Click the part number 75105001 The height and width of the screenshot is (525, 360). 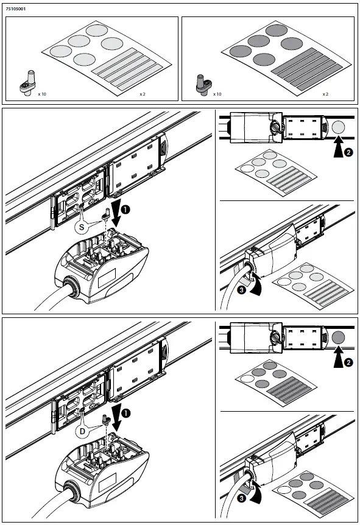(15, 9)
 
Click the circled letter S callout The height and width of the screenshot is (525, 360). (82, 228)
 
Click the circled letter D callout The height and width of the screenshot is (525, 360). (82, 432)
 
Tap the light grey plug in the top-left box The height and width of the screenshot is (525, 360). (28, 83)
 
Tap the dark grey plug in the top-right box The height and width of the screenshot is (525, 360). (204, 85)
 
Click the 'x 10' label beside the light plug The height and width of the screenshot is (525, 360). (42, 94)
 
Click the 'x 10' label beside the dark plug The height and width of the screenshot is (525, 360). (217, 94)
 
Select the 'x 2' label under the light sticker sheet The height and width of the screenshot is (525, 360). (143, 94)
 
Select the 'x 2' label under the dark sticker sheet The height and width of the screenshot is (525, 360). (325, 94)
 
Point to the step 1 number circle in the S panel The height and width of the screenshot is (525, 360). (125, 210)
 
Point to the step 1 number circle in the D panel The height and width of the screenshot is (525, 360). (125, 414)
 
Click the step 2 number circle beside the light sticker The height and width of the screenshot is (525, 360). (348, 152)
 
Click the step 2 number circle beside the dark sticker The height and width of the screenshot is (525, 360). (348, 362)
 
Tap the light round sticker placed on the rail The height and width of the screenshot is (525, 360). (338, 127)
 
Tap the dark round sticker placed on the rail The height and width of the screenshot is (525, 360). (338, 337)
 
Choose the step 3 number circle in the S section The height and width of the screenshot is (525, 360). (241, 290)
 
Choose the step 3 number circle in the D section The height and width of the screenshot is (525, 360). (241, 498)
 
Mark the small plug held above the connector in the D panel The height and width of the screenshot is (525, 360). (106, 420)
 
